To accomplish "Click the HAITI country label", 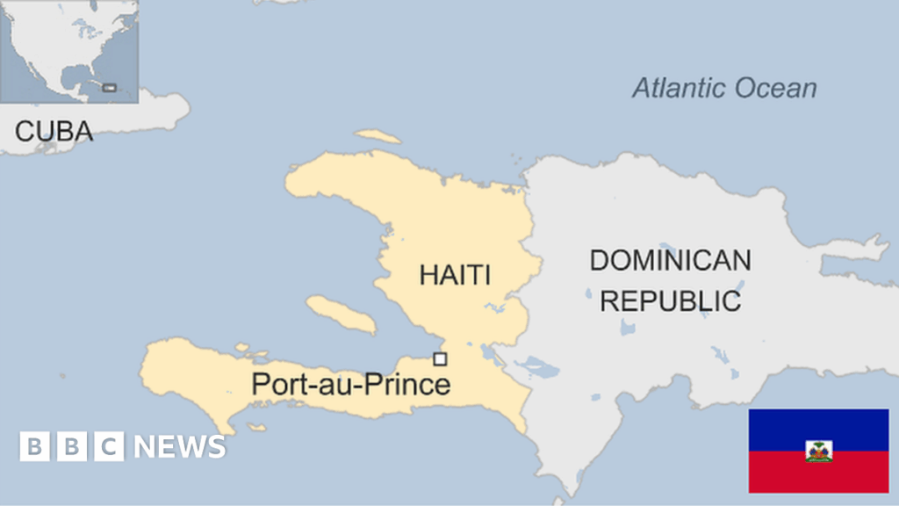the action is [x=454, y=275].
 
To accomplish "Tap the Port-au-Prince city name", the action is [x=350, y=384].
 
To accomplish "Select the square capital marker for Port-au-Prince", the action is [x=440, y=358].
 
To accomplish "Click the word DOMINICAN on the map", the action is [x=670, y=260].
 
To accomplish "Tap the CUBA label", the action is [x=54, y=132].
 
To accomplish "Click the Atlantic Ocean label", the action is [x=724, y=88].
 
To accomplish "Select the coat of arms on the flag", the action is [x=818, y=451].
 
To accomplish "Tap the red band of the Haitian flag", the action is [x=818, y=479].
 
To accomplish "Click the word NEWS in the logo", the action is [x=179, y=446].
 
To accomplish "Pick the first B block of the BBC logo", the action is [x=34, y=446].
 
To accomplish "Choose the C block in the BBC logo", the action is [x=109, y=446].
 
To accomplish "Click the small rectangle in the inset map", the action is [x=109, y=87].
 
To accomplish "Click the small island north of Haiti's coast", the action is [x=378, y=137].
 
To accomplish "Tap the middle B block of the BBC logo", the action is [x=71, y=446].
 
